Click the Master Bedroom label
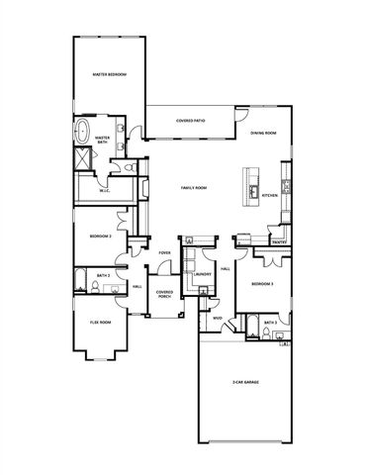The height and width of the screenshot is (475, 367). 110,74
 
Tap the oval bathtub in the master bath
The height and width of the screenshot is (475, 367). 84,132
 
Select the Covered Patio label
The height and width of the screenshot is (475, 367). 191,121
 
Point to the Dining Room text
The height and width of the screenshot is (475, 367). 263,133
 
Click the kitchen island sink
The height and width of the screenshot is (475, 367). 253,190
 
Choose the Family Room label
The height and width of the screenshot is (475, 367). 193,187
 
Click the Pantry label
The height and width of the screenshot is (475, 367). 279,242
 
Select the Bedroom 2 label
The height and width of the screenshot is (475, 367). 100,237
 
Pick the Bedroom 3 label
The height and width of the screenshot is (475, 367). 261,284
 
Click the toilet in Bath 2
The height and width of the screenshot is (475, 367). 92,287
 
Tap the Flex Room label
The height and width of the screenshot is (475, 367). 99,323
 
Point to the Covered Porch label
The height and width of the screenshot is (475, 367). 165,293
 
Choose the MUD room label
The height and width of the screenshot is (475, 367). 217,319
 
